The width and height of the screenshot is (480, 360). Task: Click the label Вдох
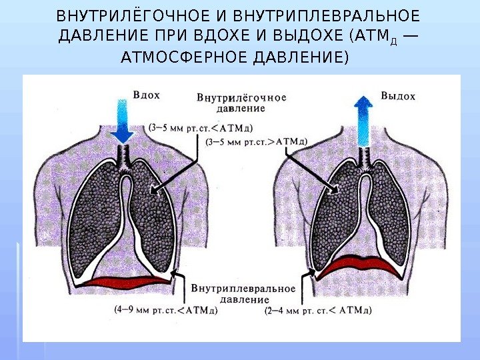point(147,95)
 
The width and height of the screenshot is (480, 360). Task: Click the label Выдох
point(398,96)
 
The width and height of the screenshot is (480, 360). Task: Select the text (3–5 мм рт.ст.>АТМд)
point(257,141)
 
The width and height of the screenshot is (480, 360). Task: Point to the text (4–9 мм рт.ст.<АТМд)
point(166,309)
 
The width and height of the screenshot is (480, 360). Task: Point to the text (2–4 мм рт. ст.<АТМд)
point(318,310)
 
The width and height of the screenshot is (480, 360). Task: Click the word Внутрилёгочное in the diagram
point(241,97)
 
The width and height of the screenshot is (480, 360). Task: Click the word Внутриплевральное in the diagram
point(243,289)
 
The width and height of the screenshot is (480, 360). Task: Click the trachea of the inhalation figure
point(122,155)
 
